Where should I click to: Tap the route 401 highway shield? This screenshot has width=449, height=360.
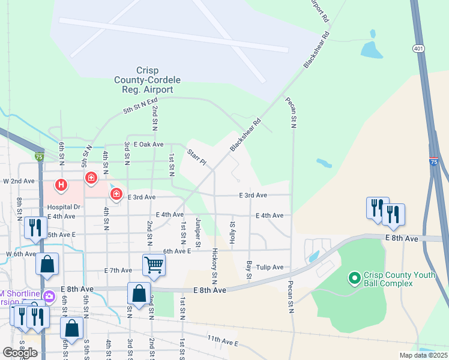click(x=418, y=47)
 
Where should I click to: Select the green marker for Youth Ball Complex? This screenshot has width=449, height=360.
click(x=354, y=278)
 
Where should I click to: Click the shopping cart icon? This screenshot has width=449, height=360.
click(x=154, y=264)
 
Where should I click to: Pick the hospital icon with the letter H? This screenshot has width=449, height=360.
click(x=61, y=186)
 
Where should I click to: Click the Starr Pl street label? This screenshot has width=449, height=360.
click(x=196, y=158)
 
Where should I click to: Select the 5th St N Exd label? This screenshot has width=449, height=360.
click(x=140, y=106)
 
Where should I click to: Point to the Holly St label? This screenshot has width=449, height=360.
click(x=232, y=232)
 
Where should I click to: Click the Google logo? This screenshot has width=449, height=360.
click(x=20, y=353)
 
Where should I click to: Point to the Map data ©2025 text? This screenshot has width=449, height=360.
click(x=423, y=355)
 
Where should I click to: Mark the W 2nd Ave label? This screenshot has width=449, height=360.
click(x=19, y=181)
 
